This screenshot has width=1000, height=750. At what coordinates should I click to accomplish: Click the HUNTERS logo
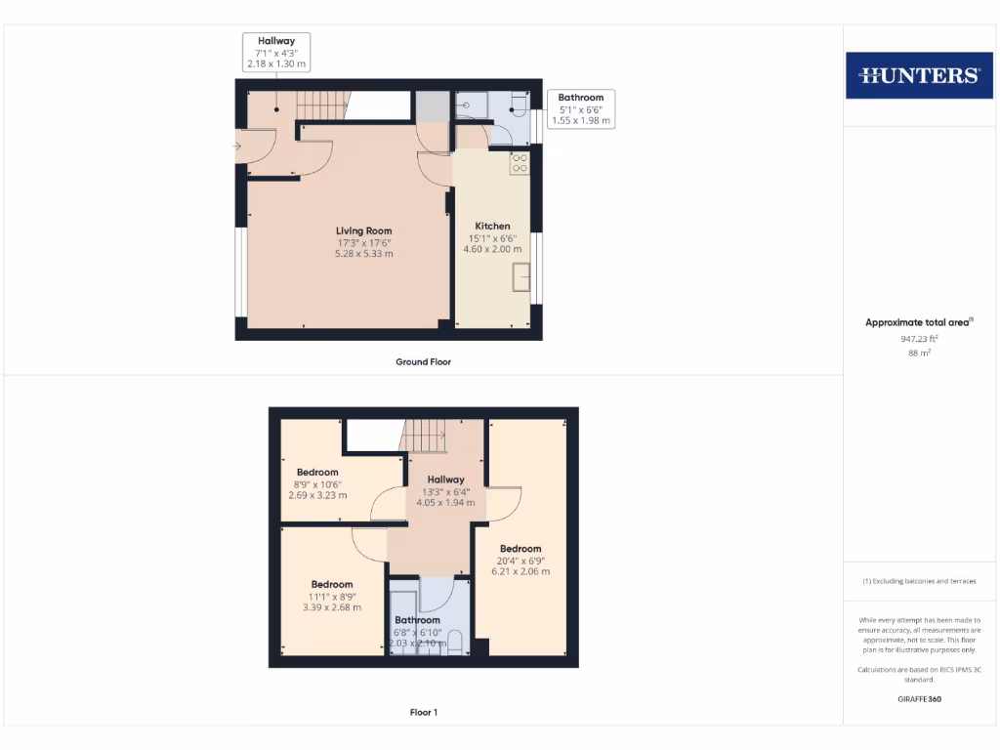coord(918,75)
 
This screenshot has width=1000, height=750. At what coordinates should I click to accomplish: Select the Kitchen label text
coord(492,227)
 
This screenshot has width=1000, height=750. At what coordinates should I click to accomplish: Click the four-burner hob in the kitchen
coord(520,163)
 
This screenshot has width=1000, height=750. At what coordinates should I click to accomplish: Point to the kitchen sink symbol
coord(521,278)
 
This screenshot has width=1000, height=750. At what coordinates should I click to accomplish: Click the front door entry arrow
coord(236,146)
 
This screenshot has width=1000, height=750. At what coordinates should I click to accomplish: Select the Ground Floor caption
coord(423,361)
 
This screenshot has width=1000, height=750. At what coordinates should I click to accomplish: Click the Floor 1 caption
coord(423,713)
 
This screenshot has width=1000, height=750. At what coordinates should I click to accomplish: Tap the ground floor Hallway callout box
coord(276,52)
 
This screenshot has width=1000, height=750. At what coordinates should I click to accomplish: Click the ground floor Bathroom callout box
coord(580,109)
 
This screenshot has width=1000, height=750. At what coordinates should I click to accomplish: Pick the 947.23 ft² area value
coord(918,339)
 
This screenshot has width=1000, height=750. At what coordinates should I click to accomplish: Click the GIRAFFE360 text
coord(918,699)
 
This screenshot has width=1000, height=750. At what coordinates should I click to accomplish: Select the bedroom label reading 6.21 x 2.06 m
coord(520,560)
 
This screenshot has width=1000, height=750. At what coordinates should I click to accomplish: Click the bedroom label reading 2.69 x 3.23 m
coord(317,483)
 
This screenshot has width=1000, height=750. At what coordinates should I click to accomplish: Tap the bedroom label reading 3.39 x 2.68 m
coord(331,596)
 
